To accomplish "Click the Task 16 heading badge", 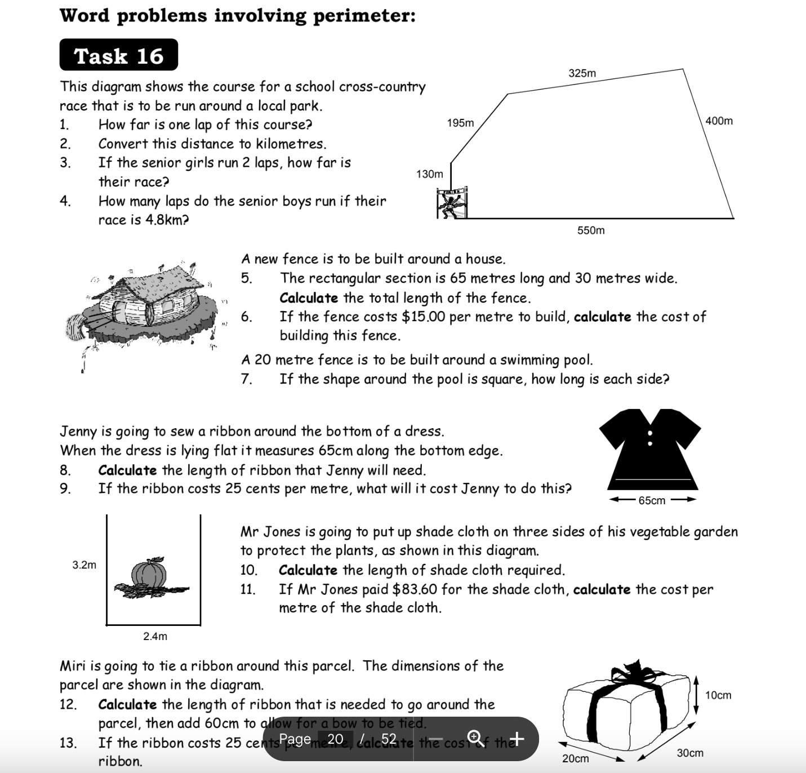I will click(118, 55).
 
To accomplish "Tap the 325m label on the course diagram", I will click(582, 73).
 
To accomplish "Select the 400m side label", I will click(719, 121).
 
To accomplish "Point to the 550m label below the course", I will click(591, 230).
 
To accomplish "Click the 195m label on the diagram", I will click(460, 123).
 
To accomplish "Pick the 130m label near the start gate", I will click(429, 175).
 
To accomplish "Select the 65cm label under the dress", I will click(652, 500).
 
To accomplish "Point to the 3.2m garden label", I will click(84, 565).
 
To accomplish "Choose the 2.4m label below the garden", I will click(155, 637).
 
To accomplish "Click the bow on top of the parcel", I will click(632, 673).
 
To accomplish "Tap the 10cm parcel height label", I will click(718, 695).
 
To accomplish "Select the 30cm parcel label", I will click(689, 753).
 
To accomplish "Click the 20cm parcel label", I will click(575, 759).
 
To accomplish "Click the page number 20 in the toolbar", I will click(335, 739).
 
